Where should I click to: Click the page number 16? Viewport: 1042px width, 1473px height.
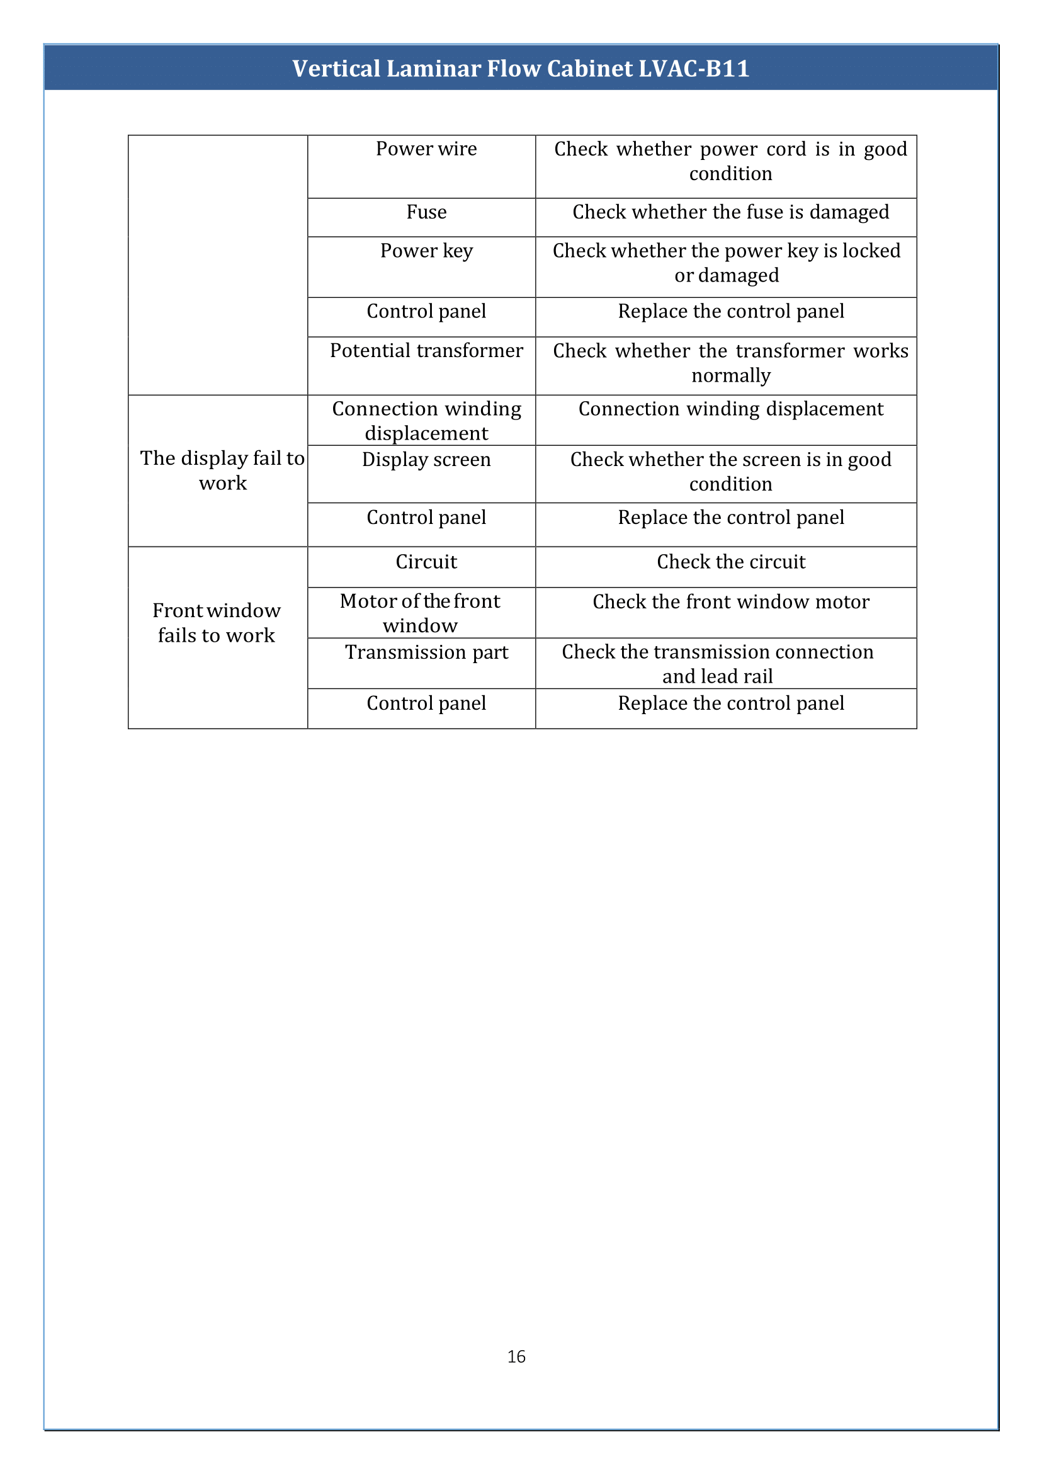coord(516,1356)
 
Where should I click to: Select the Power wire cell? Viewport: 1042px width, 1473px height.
coord(426,149)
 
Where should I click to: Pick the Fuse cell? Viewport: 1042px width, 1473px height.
coord(426,212)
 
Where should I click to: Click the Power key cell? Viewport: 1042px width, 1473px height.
coord(426,250)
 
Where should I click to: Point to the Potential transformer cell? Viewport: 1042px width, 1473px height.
coord(426,350)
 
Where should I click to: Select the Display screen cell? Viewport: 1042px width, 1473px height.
coord(426,460)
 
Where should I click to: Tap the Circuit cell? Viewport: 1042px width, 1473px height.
coord(426,562)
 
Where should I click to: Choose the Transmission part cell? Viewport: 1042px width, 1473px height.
coord(426,652)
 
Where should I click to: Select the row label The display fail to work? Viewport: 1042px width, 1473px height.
coord(222,470)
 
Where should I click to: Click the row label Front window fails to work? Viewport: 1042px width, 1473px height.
coord(216,623)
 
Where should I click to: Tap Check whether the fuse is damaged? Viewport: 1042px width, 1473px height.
coord(730,212)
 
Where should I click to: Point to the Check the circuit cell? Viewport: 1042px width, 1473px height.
coord(730,562)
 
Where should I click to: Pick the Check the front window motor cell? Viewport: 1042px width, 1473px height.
coord(730,601)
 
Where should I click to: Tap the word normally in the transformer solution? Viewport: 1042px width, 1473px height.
coord(730,375)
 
